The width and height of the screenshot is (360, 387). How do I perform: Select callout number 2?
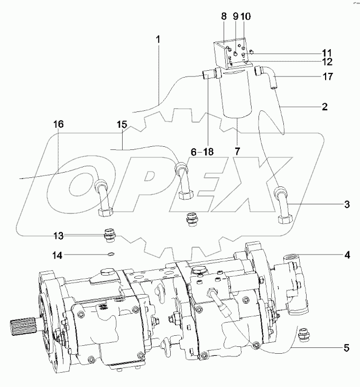pos(325,106)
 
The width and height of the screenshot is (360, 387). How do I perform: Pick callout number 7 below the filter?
pos(237,152)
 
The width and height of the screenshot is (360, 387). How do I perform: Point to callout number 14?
pos(58,255)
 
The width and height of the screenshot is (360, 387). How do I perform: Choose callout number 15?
pos(122,125)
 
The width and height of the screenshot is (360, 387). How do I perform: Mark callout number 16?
pos(58,125)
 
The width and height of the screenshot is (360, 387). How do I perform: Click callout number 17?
pos(327,77)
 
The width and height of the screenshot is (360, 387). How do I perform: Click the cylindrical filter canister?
pos(237,95)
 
